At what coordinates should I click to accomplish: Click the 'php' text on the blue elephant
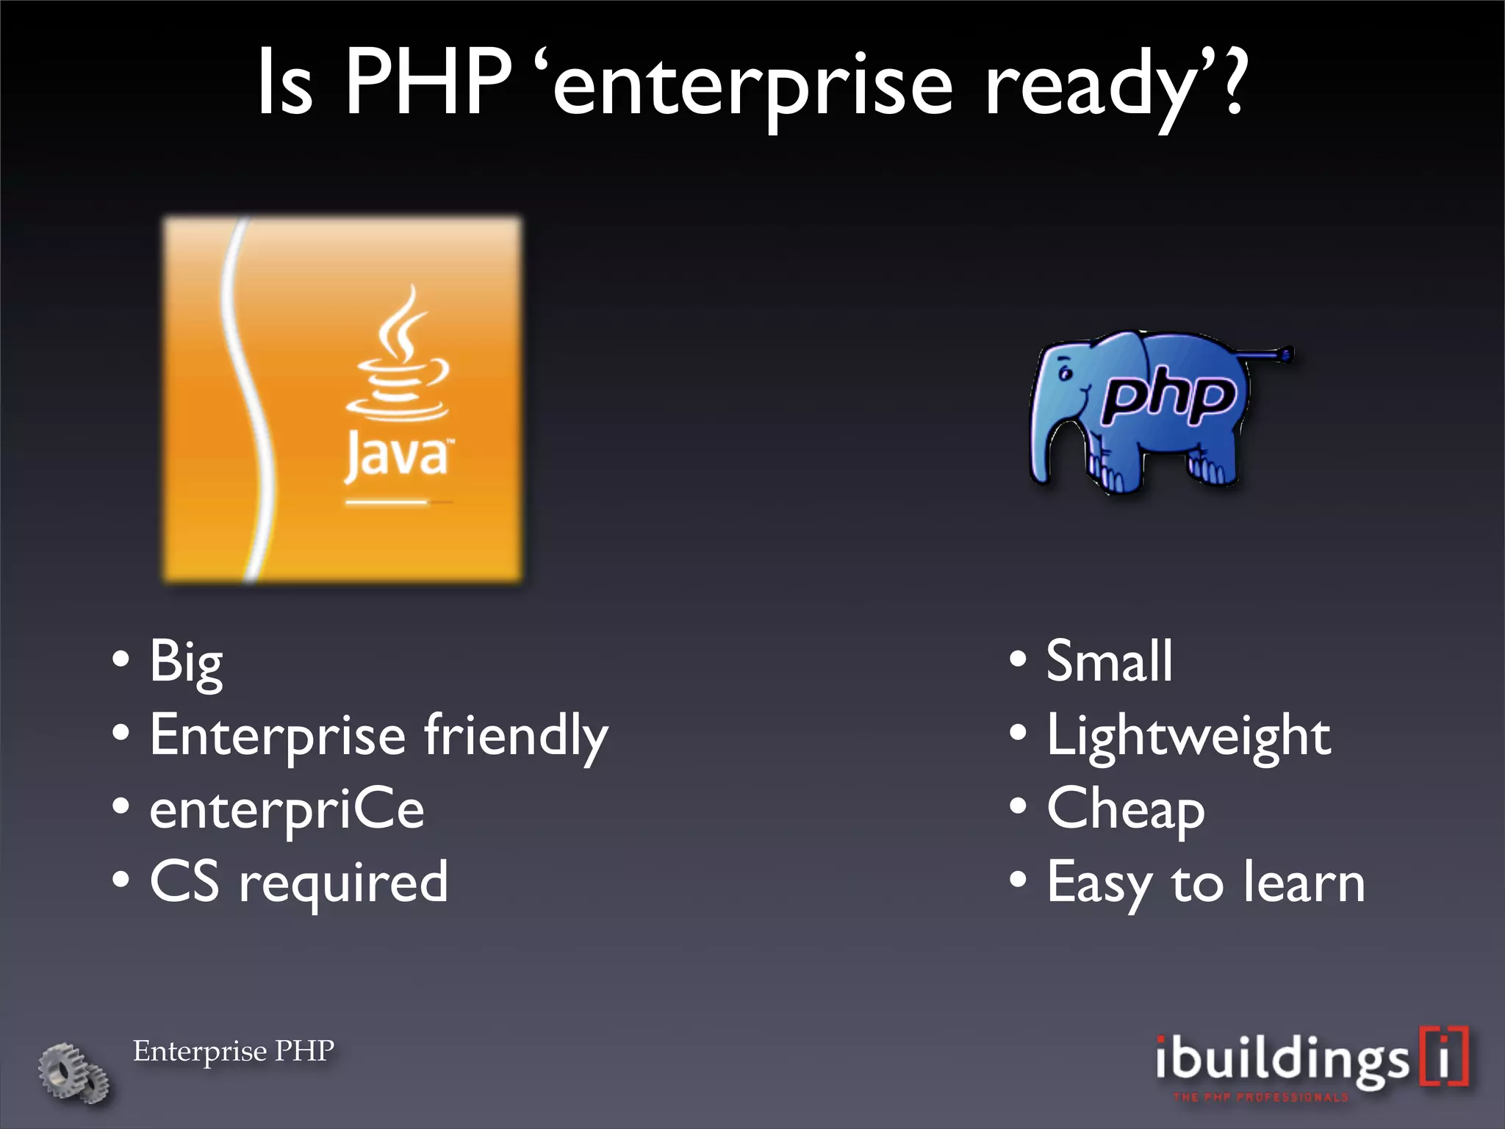coord(1168,398)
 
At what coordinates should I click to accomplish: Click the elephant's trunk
coord(1044,441)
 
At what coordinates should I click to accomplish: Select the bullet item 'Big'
coord(185,662)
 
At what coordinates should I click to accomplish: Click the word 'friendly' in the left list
coord(516,735)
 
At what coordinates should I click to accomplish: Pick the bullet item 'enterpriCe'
coord(287,809)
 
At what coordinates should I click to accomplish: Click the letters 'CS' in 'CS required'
coord(184,882)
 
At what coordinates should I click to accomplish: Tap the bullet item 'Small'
coord(1108,662)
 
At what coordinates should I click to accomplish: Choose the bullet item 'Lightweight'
coord(1188,735)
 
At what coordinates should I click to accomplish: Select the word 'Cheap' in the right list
coord(1125,809)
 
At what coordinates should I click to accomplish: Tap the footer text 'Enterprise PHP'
coord(234,1051)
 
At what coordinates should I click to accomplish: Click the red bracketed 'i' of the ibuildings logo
coord(1444,1057)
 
